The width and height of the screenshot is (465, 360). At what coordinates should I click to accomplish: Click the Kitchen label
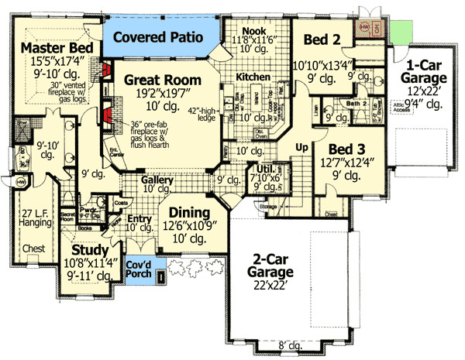253,77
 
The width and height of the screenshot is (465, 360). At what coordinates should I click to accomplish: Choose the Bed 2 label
319,39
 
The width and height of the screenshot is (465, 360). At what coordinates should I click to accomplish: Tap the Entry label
139,219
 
